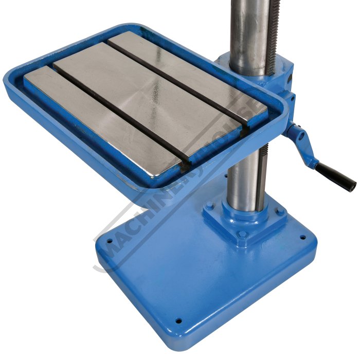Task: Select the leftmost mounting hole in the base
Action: [x=110, y=241]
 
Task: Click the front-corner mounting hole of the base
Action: [x=178, y=320]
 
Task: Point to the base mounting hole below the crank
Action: [x=303, y=237]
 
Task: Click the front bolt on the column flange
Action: [x=242, y=235]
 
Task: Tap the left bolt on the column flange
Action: [x=209, y=205]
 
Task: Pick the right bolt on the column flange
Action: [x=280, y=211]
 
